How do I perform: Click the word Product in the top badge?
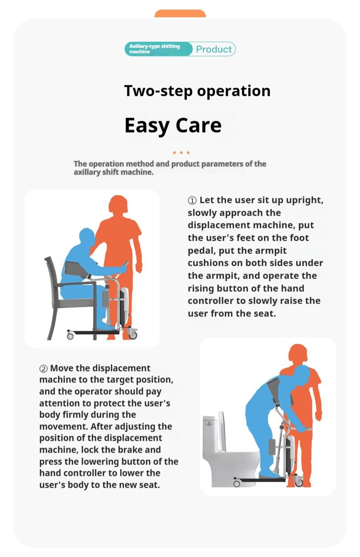(x=214, y=49)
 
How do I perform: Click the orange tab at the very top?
(x=180, y=13)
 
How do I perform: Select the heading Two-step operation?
(x=197, y=91)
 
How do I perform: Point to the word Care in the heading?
(x=198, y=125)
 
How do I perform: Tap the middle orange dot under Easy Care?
(x=181, y=153)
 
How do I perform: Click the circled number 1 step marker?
(x=192, y=201)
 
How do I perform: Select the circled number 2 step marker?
(x=43, y=368)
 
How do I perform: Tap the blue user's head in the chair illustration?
(x=87, y=237)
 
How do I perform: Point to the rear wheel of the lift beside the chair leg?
(x=70, y=335)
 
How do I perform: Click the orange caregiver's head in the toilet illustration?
(x=298, y=354)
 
